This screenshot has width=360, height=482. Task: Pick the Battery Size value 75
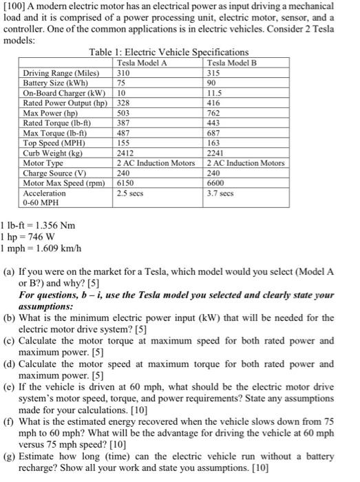122,82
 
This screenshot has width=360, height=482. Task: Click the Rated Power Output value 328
124,101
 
